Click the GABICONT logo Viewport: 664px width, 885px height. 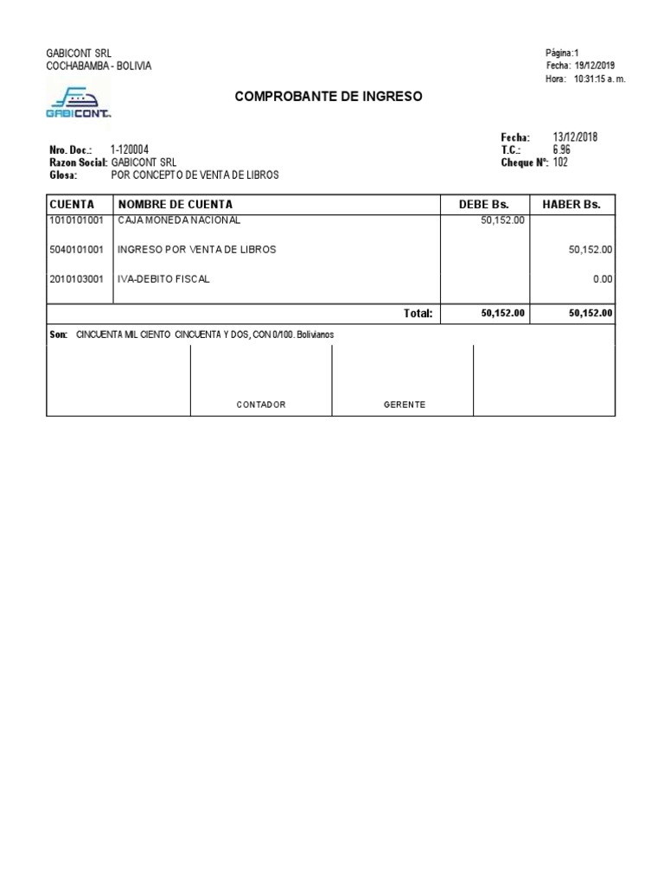[x=78, y=101]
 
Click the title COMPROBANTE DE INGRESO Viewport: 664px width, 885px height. [x=329, y=97]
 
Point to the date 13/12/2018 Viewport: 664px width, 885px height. [x=575, y=137]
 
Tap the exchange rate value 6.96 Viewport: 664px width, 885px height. [x=562, y=150]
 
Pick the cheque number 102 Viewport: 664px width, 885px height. [x=560, y=162]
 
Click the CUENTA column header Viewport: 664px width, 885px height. [x=72, y=205]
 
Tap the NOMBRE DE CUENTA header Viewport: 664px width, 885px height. [x=176, y=205]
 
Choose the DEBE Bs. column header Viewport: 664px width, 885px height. [x=483, y=205]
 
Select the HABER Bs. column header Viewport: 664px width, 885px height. [x=571, y=205]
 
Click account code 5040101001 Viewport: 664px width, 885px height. [x=77, y=250]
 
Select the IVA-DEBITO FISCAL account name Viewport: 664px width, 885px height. [x=163, y=279]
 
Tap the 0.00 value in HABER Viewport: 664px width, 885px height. [x=603, y=279]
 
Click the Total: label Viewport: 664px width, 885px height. [x=418, y=314]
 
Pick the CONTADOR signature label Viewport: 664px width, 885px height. [x=261, y=404]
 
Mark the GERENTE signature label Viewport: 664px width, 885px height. [x=405, y=404]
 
